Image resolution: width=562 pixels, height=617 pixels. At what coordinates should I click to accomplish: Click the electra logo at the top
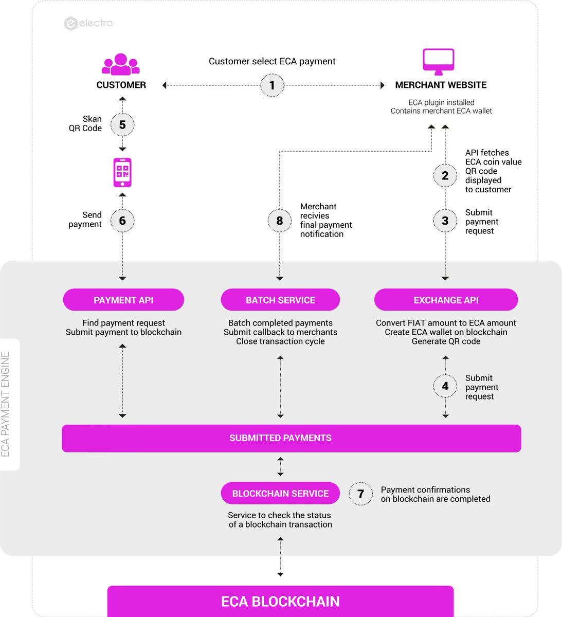click(88, 23)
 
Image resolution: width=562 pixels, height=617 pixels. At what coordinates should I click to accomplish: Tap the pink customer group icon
click(121, 65)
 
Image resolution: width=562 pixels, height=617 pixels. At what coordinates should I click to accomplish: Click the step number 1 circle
click(272, 85)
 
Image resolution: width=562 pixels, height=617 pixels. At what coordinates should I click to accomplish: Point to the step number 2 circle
click(445, 176)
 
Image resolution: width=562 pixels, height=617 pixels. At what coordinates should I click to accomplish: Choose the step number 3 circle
click(445, 221)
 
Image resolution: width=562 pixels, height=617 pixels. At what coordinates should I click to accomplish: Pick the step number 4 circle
click(445, 386)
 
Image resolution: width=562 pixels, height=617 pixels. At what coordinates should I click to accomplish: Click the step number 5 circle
click(122, 125)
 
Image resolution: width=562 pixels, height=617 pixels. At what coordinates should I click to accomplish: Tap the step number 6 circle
click(122, 221)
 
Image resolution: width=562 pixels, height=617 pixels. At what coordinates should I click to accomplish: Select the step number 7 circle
click(360, 494)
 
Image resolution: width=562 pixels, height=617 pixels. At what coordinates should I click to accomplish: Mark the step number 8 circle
click(280, 221)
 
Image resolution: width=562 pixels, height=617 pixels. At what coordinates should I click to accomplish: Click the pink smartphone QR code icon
click(122, 172)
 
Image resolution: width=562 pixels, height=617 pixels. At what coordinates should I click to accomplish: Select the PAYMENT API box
click(123, 300)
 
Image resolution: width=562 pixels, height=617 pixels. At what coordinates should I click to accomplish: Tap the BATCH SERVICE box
click(280, 300)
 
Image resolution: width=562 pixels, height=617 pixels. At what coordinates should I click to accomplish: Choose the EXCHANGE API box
click(446, 300)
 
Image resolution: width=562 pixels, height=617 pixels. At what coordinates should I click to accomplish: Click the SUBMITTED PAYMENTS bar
click(291, 438)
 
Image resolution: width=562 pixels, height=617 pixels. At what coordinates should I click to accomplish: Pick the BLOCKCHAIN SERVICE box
click(280, 494)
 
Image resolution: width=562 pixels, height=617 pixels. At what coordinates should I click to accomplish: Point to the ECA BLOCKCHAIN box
click(280, 601)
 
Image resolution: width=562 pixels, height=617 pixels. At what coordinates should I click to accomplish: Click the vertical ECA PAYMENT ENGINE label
click(6, 404)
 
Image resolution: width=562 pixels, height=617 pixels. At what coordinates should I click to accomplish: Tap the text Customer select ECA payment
click(272, 61)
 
